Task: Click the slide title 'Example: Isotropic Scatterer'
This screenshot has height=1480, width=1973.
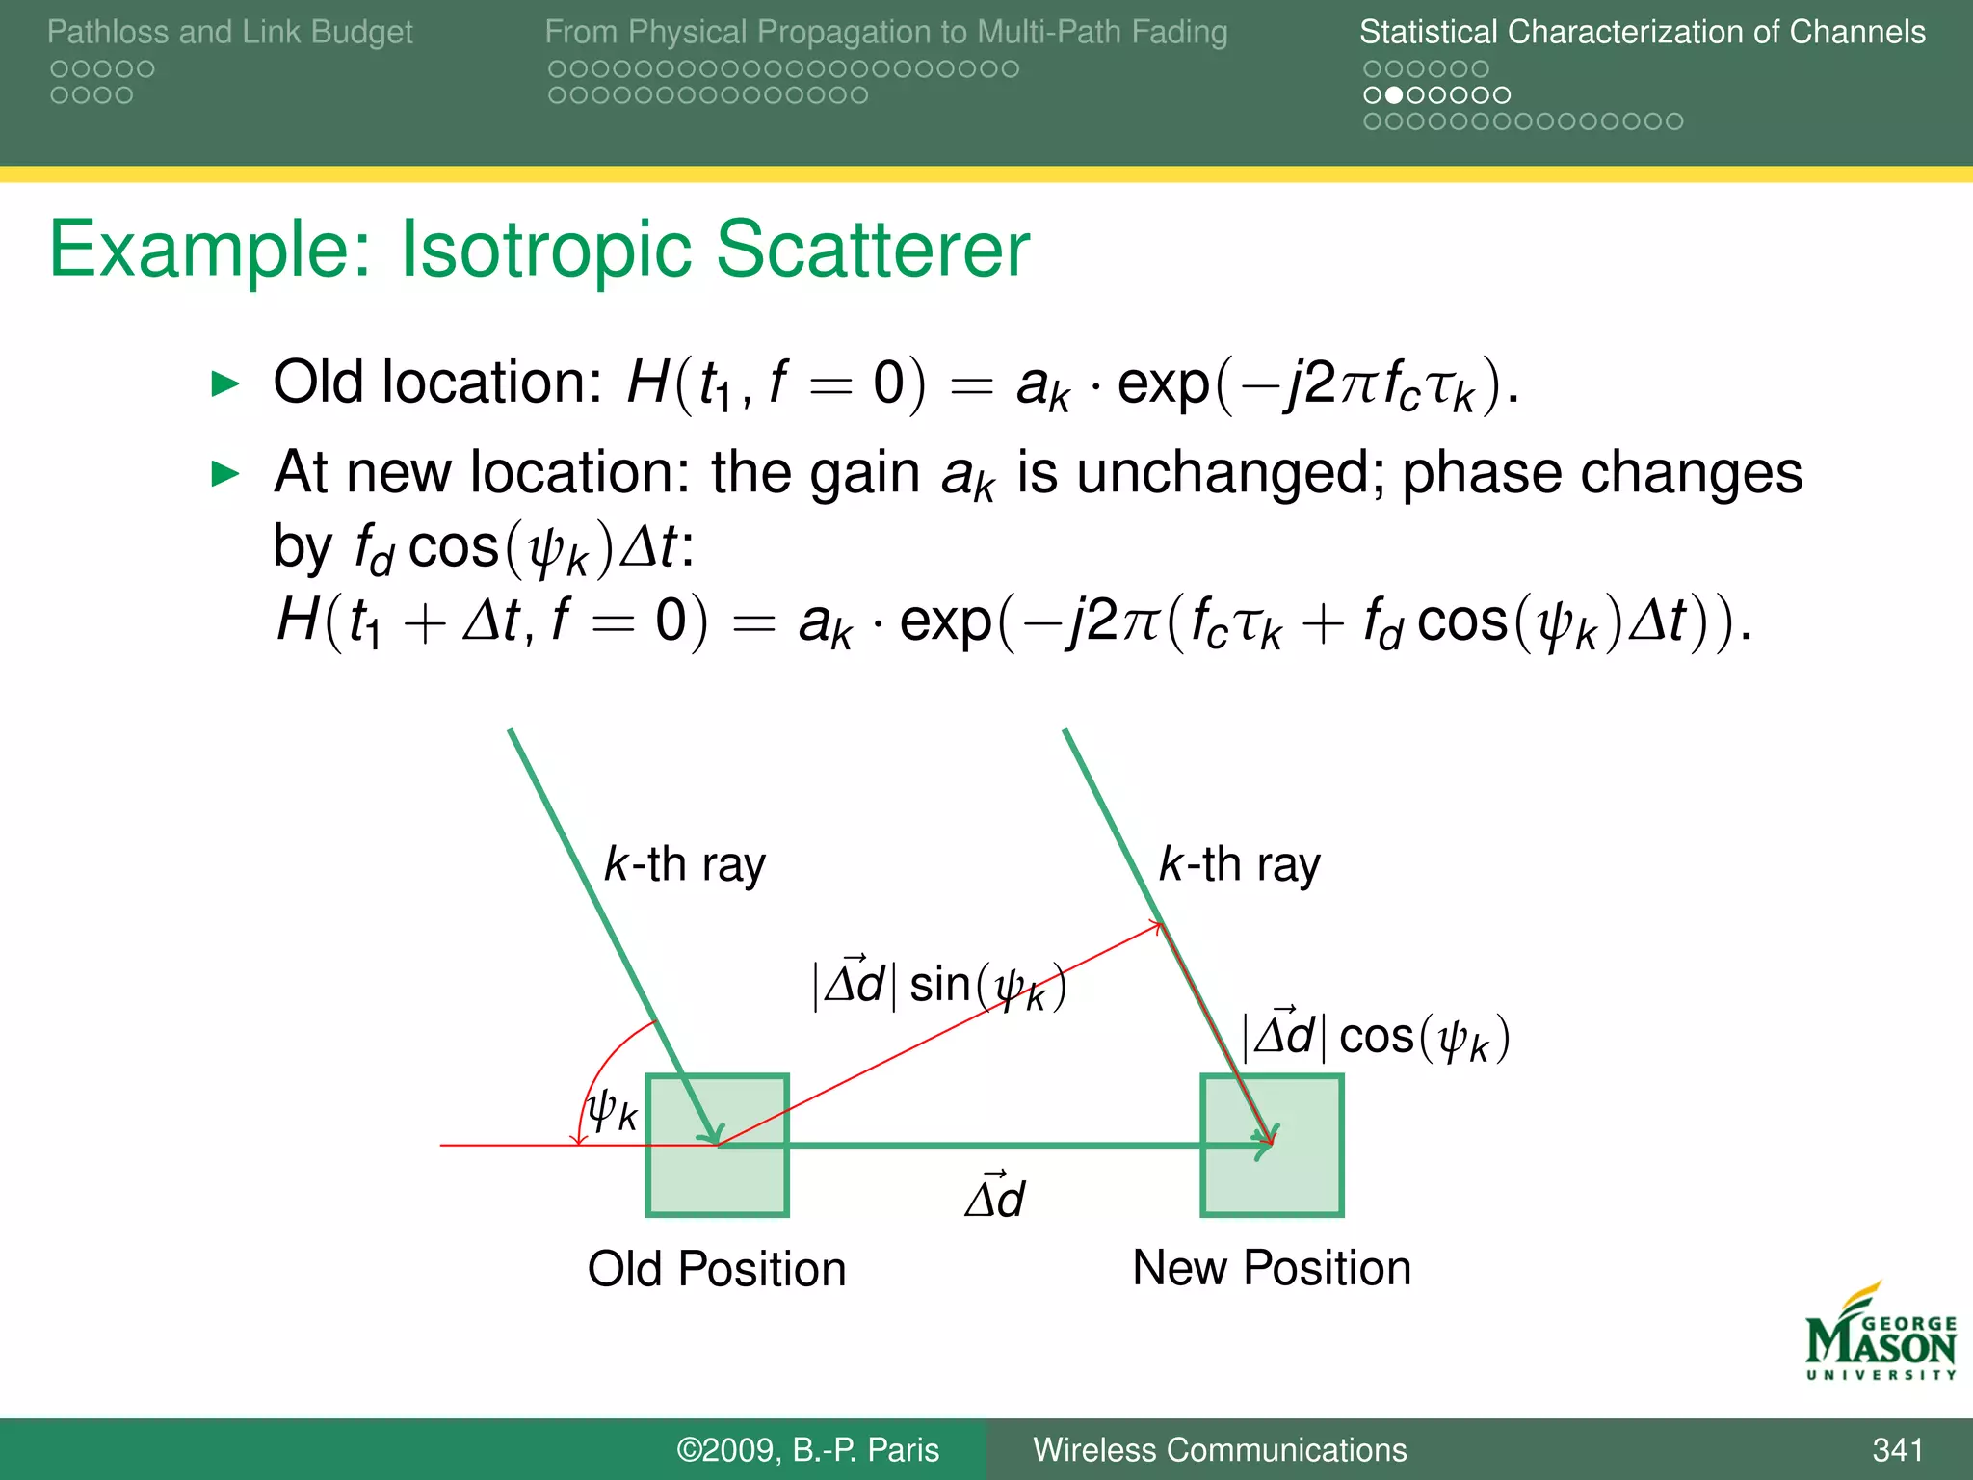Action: (x=539, y=249)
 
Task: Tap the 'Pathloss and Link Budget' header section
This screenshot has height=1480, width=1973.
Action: (x=229, y=32)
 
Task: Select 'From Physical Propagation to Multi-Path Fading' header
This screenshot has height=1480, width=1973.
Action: (x=885, y=32)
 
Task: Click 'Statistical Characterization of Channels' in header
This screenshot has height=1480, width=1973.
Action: (x=1642, y=32)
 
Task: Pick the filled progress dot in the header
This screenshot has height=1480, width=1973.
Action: (x=1394, y=95)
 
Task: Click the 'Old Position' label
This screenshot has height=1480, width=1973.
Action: (x=717, y=1268)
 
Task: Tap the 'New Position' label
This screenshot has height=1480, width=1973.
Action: (x=1272, y=1267)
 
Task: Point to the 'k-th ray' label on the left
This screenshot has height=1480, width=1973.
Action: (x=684, y=864)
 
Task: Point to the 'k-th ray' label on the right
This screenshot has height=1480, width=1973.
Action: (x=1239, y=864)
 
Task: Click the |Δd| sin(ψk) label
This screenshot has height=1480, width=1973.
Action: (x=939, y=985)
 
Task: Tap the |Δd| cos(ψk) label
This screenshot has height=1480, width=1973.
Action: (x=1376, y=1037)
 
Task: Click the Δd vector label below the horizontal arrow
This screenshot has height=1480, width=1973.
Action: (x=996, y=1198)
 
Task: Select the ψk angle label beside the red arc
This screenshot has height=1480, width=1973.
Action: (x=613, y=1110)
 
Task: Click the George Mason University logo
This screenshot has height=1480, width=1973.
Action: (x=1880, y=1335)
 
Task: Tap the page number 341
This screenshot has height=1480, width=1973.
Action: (x=1897, y=1449)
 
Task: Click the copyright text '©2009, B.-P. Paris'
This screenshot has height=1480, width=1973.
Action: (x=807, y=1449)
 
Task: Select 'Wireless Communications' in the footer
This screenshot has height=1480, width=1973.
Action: (x=1220, y=1449)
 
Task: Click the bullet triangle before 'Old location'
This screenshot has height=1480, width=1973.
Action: (x=224, y=383)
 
